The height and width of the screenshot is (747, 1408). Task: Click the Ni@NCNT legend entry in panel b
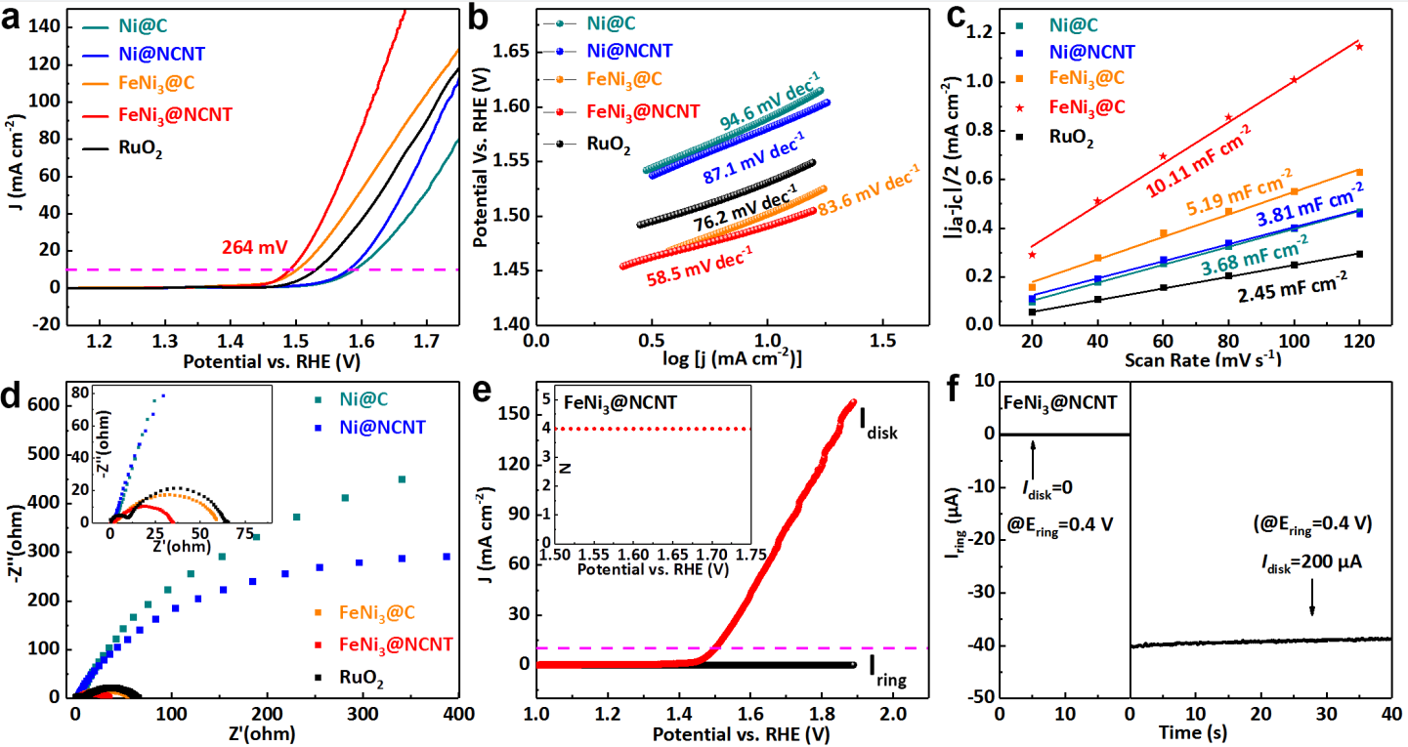(x=629, y=50)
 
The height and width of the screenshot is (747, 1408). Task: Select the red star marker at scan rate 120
(x=1359, y=47)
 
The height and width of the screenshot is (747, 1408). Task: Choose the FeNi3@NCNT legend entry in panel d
(x=396, y=644)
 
